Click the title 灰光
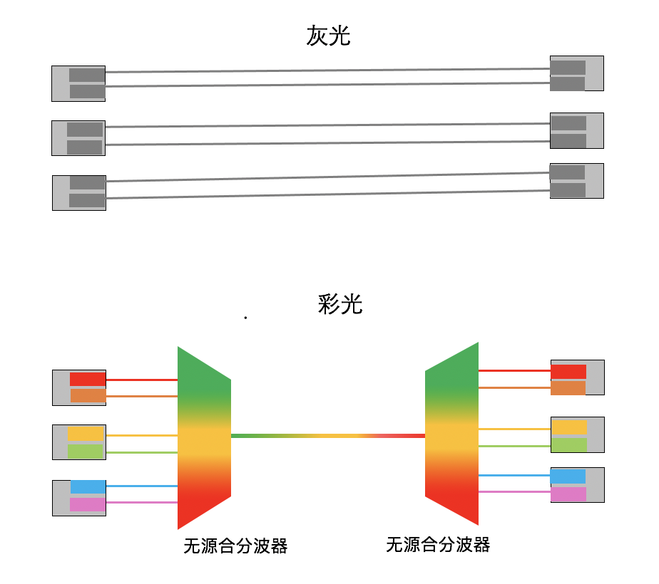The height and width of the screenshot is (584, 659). click(x=328, y=36)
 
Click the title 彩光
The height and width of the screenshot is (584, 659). click(x=340, y=304)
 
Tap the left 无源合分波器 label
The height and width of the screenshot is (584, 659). click(x=235, y=546)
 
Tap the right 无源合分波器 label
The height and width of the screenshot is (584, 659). click(x=438, y=545)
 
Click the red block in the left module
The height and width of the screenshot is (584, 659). click(x=88, y=380)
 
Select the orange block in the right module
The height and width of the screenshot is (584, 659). click(x=568, y=388)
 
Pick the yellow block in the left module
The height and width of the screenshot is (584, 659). click(x=86, y=434)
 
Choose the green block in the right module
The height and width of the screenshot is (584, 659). click(x=569, y=445)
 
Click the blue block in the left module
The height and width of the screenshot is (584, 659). click(x=88, y=487)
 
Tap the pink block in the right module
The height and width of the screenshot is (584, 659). click(x=568, y=494)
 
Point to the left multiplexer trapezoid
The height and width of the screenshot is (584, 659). click(x=203, y=437)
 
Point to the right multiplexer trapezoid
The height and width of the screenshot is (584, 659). click(x=451, y=434)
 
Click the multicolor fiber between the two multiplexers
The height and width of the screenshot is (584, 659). click(x=328, y=435)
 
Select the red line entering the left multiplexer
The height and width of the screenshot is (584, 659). click(x=141, y=380)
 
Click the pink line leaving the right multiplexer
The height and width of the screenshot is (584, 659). click(x=514, y=491)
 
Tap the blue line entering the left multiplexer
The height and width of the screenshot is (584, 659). click(x=141, y=486)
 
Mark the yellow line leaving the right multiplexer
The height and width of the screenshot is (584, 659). click(x=514, y=429)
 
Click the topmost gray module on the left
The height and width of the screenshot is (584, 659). click(x=78, y=83)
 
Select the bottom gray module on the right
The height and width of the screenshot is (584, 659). click(x=576, y=181)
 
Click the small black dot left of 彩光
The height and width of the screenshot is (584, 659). click(x=245, y=318)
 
